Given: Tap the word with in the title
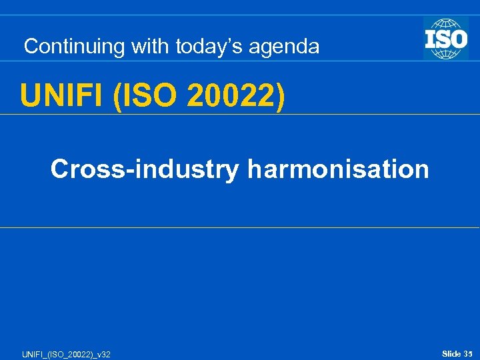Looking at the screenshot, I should pyautogui.click(x=151, y=47).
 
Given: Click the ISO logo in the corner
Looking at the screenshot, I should pyautogui.click(x=445, y=39).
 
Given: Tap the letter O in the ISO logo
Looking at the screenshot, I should pyautogui.click(x=458, y=38).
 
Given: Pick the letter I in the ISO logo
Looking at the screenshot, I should pyautogui.click(x=430, y=38).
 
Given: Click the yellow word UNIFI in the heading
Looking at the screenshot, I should pyautogui.click(x=63, y=95).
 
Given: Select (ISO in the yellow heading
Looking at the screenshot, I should pyautogui.click(x=139, y=95).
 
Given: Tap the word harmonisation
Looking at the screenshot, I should pyautogui.click(x=338, y=169).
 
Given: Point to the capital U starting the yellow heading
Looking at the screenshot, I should pyautogui.click(x=31, y=95).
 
